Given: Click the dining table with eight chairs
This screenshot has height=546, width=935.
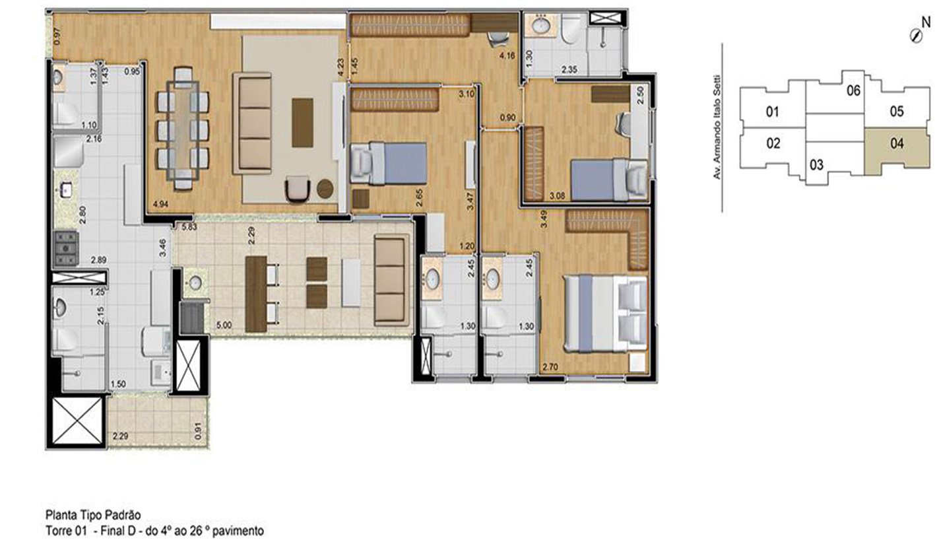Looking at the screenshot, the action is point(183,129).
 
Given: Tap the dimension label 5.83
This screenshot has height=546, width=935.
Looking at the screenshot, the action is point(189,227).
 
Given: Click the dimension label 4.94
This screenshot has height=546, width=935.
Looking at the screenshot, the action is point(161,204).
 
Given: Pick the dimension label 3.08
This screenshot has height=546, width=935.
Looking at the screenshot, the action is point(558,195).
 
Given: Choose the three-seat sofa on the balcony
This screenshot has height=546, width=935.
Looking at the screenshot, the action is point(391,280).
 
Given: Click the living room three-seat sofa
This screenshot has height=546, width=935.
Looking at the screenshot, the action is point(253,123).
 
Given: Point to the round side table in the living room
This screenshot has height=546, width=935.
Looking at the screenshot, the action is point(325,188).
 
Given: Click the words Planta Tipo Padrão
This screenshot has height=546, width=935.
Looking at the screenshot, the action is point(93,515).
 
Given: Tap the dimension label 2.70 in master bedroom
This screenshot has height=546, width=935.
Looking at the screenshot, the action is point(550,368).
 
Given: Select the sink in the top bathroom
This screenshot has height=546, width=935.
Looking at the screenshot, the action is point(541,26).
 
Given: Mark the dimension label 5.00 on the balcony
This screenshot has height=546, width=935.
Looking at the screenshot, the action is point(224,325).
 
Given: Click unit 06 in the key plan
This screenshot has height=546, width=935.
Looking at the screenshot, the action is point(853,90).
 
